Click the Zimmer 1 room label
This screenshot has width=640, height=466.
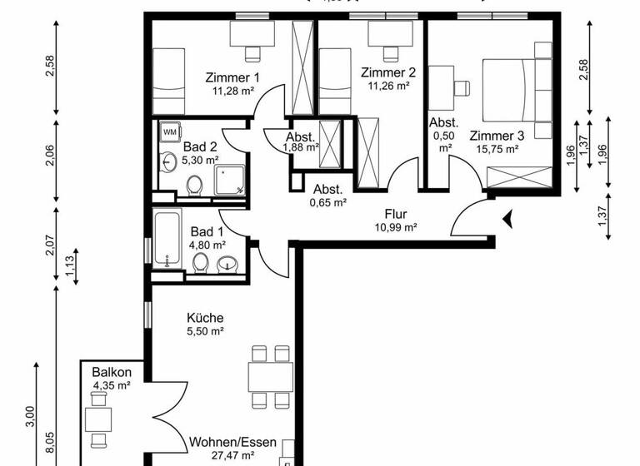tap(233, 78)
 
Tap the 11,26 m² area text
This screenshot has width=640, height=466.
tap(387, 86)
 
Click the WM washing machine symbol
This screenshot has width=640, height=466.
tap(170, 131)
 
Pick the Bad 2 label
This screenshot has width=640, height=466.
tap(201, 147)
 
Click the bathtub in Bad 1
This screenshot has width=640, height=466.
tap(167, 240)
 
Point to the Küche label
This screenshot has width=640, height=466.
tap(205, 318)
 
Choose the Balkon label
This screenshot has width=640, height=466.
tap(112, 372)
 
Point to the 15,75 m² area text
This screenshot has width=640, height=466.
tap(497, 149)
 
